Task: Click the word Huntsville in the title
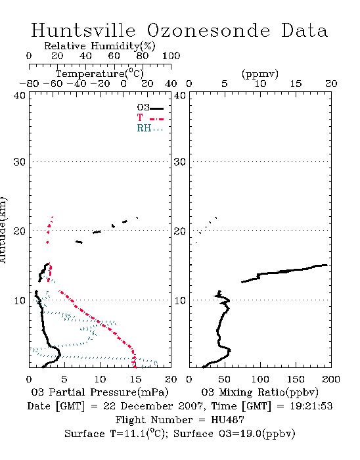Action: [83, 30]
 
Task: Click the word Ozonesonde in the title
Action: [208, 30]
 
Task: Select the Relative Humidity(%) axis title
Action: [100, 46]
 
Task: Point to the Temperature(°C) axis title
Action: [100, 74]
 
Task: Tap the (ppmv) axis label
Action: [260, 74]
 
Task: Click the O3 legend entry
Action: [150, 108]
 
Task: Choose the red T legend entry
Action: [150, 118]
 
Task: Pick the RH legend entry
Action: [150, 128]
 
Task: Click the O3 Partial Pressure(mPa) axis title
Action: [100, 392]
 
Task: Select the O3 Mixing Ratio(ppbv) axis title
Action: [259, 392]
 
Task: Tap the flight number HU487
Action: [227, 419]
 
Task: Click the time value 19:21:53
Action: [311, 406]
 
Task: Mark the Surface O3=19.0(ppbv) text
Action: [235, 434]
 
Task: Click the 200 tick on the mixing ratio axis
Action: [331, 379]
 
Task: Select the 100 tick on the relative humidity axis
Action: [171, 56]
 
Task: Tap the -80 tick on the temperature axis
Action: [29, 83]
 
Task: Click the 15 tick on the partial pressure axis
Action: [135, 379]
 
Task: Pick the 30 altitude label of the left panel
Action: [20, 162]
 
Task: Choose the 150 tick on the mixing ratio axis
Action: [296, 379]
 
